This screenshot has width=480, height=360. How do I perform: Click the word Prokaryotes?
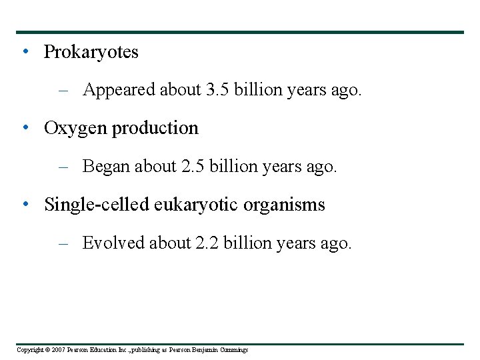tap(91, 52)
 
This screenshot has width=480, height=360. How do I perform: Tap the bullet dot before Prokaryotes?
tap(25, 51)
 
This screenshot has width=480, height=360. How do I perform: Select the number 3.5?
tap(216, 90)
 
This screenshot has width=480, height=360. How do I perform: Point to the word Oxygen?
tap(75, 129)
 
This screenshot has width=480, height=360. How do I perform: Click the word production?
tap(155, 129)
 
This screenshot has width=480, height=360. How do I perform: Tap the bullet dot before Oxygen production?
tap(25, 127)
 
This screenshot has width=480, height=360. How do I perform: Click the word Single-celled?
tap(97, 205)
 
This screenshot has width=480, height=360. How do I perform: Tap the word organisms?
tap(284, 205)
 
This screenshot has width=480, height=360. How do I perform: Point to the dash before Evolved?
tap(64, 243)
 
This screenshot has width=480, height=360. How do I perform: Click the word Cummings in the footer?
tap(233, 350)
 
